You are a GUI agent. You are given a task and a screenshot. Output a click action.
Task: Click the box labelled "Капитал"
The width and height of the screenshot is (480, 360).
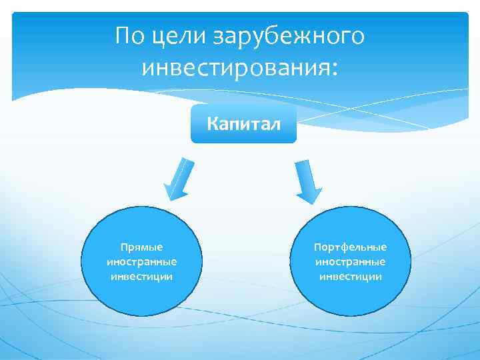(243, 123)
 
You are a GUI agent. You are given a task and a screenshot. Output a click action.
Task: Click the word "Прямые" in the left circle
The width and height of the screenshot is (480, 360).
(141, 247)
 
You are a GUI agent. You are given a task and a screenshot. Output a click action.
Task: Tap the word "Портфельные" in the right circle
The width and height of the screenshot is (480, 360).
(351, 247)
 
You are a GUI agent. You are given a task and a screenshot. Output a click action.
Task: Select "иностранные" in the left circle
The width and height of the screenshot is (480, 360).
(141, 261)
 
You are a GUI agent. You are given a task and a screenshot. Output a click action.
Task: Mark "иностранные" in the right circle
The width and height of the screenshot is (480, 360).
(351, 261)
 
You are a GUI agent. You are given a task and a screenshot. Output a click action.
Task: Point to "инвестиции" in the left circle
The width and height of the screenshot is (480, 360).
(141, 276)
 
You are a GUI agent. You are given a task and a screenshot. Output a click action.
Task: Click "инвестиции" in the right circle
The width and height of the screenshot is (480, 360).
(351, 276)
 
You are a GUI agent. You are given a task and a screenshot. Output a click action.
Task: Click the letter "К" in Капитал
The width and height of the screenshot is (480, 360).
(213, 123)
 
